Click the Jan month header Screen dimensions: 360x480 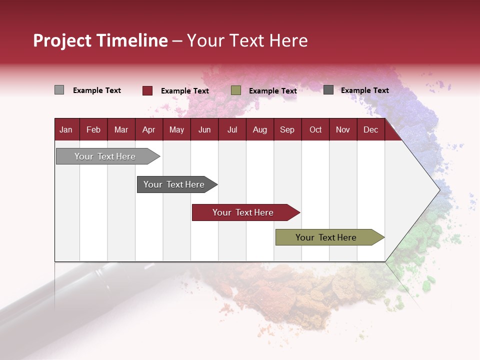point(66,130)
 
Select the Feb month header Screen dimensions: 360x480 point(93,130)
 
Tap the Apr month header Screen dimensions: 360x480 point(148,130)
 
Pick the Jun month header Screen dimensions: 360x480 point(204,130)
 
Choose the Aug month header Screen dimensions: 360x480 point(259,130)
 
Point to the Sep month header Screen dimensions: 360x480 point(287,130)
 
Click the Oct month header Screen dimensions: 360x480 point(315,130)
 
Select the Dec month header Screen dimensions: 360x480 point(370,130)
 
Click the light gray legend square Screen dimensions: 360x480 point(59,90)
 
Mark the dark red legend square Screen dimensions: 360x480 point(147,90)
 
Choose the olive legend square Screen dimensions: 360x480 point(236,90)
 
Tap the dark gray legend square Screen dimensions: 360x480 point(328,90)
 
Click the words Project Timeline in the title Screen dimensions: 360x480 point(100,40)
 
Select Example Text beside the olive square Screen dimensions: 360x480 point(273,91)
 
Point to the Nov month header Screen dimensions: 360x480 point(343,130)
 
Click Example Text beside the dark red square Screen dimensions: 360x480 point(185,91)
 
